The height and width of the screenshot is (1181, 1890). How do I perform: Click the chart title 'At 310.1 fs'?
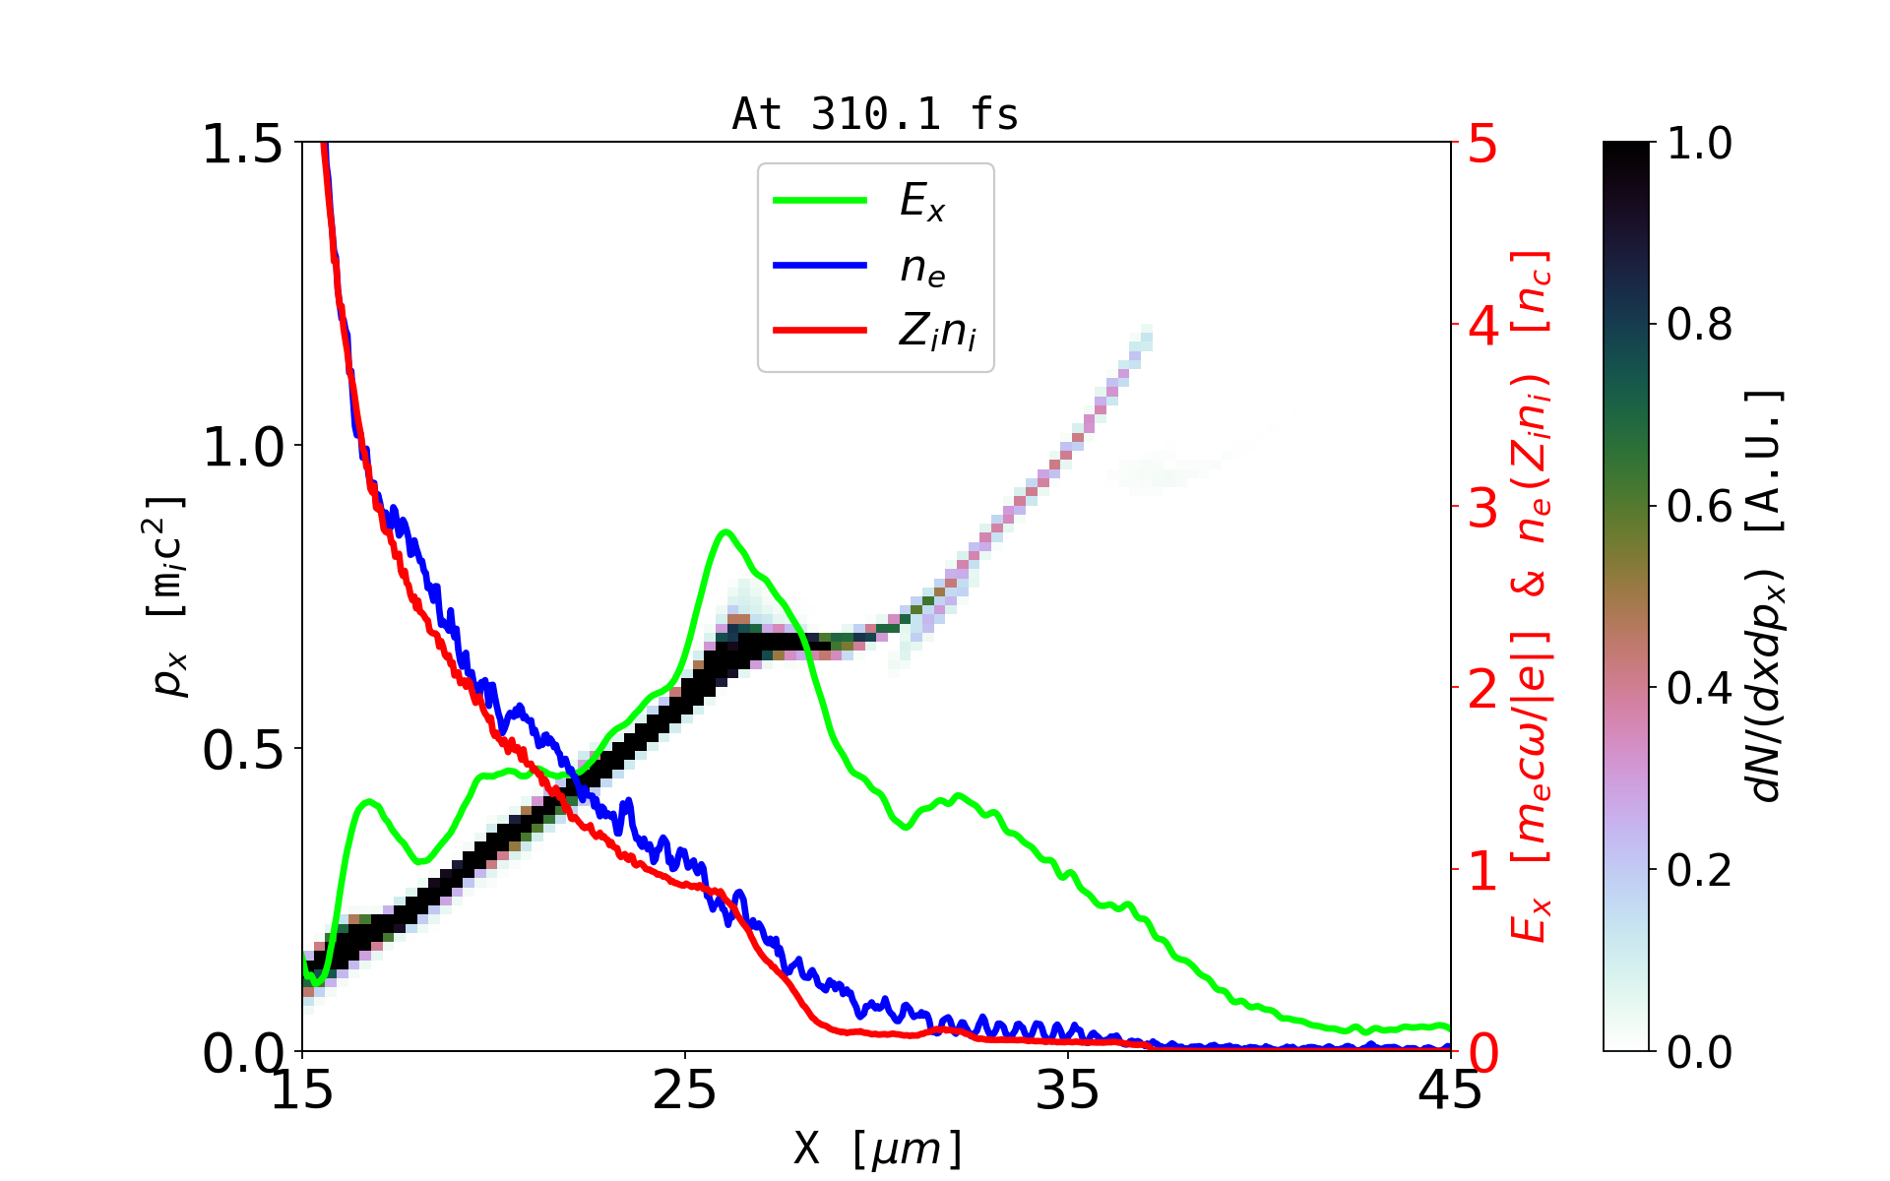[875, 115]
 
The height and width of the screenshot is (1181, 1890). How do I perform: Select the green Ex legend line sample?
[820, 201]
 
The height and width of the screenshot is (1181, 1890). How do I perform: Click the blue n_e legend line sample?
[820, 266]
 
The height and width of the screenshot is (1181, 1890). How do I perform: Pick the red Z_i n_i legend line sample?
[820, 331]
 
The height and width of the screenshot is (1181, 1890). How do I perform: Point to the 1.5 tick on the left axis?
[241, 144]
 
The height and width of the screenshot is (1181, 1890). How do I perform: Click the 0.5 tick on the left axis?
[241, 750]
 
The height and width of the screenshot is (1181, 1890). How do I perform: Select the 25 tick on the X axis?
[685, 1090]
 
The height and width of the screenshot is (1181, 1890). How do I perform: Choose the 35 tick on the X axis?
[1068, 1090]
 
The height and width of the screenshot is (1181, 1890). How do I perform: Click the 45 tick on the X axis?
[1451, 1090]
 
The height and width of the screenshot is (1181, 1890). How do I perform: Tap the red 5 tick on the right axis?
[1482, 144]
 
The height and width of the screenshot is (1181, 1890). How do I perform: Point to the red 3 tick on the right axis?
[1482, 507]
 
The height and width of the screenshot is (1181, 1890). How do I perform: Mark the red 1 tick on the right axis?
[1482, 870]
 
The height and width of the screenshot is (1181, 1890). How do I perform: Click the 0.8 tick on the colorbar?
[1699, 324]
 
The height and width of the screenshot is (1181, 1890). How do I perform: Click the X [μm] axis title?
[879, 1148]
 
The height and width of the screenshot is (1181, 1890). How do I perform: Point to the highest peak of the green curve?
[725, 531]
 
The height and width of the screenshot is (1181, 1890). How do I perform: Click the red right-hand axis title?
[1531, 595]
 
